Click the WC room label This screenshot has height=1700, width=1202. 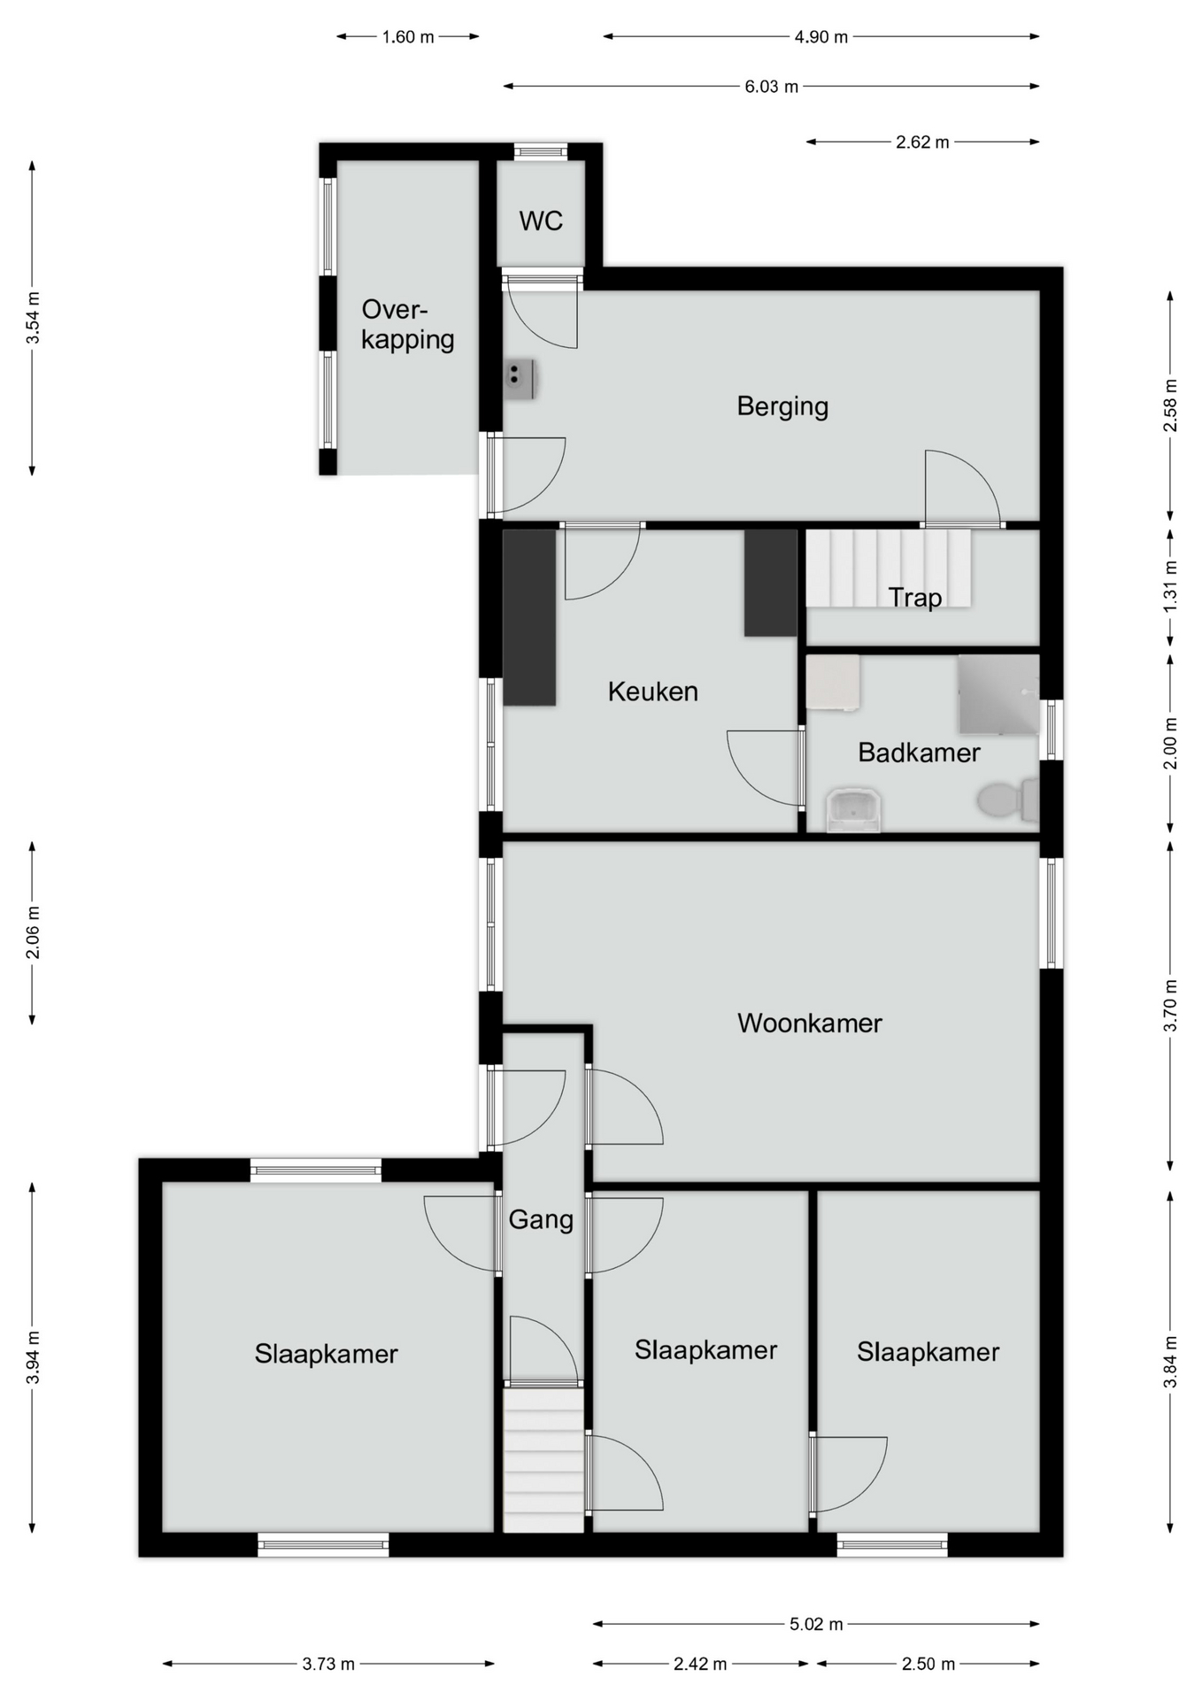click(541, 220)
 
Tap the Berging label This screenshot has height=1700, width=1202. click(782, 406)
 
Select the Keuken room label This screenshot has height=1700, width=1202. click(652, 692)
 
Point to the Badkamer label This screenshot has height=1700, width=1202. click(919, 753)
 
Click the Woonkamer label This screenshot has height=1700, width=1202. click(809, 1024)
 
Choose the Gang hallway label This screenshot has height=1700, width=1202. click(541, 1220)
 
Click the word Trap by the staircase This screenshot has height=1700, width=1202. click(915, 598)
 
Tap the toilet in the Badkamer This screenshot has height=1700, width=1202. click(1007, 800)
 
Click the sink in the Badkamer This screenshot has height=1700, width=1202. click(853, 810)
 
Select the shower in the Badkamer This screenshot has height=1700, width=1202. click(998, 694)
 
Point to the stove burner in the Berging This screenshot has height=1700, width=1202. click(520, 380)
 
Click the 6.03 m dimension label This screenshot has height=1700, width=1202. click(771, 87)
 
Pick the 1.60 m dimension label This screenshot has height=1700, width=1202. click(408, 37)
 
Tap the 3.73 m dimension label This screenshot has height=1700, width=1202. click(328, 1664)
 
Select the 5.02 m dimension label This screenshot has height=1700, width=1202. click(816, 1624)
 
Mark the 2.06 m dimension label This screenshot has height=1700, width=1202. click(33, 933)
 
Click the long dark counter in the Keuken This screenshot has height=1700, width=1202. click(529, 617)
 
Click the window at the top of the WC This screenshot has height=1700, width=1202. click(541, 151)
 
